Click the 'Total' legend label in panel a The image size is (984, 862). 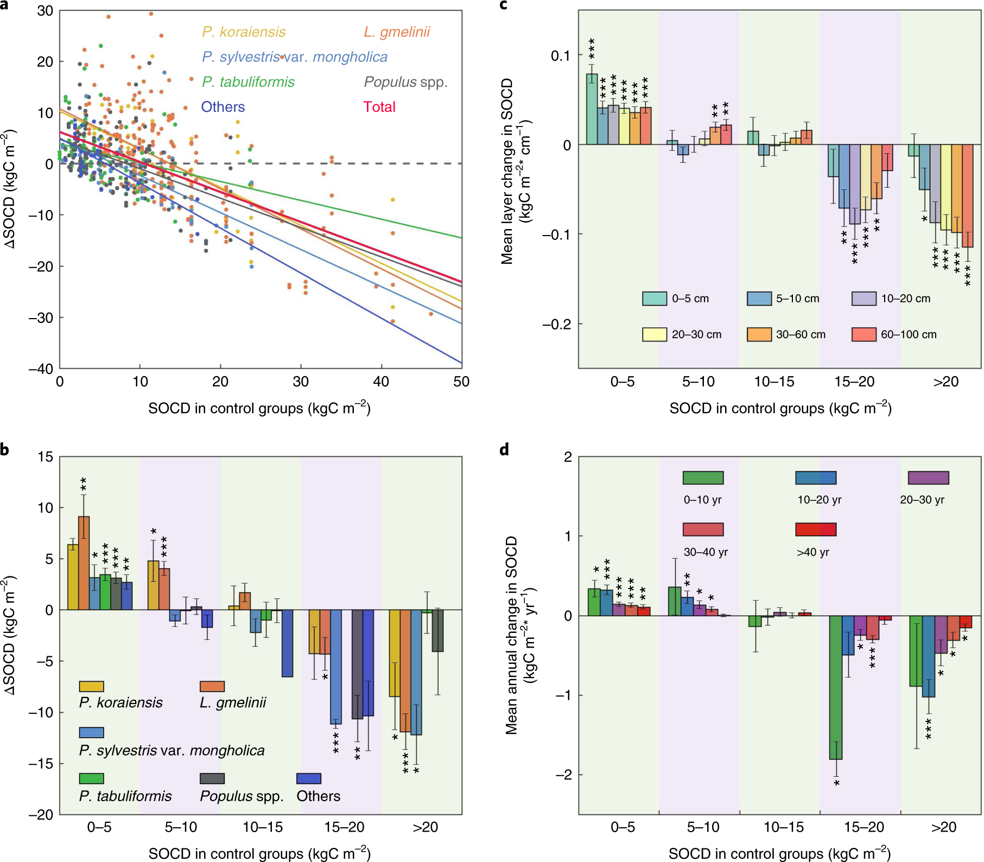379,107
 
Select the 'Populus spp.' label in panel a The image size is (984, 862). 405,82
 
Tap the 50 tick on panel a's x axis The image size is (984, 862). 461,382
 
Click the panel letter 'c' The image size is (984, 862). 503,5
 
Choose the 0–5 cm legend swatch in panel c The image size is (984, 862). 655,299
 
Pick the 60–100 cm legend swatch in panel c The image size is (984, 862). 864,334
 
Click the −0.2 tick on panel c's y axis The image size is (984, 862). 556,324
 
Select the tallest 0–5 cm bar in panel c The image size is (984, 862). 592,109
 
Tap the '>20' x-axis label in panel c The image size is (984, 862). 945,382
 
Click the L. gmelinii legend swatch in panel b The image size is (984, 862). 212,687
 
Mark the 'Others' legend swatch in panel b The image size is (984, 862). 309,778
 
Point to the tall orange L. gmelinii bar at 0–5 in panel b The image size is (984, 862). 84,563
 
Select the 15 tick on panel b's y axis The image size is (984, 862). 46,457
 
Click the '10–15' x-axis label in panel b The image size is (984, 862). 263,827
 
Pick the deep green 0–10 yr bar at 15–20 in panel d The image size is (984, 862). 836,687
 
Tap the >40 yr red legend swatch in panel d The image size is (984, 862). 816,529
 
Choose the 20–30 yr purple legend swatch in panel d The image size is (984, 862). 928,478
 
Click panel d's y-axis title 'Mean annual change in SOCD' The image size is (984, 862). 512,635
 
